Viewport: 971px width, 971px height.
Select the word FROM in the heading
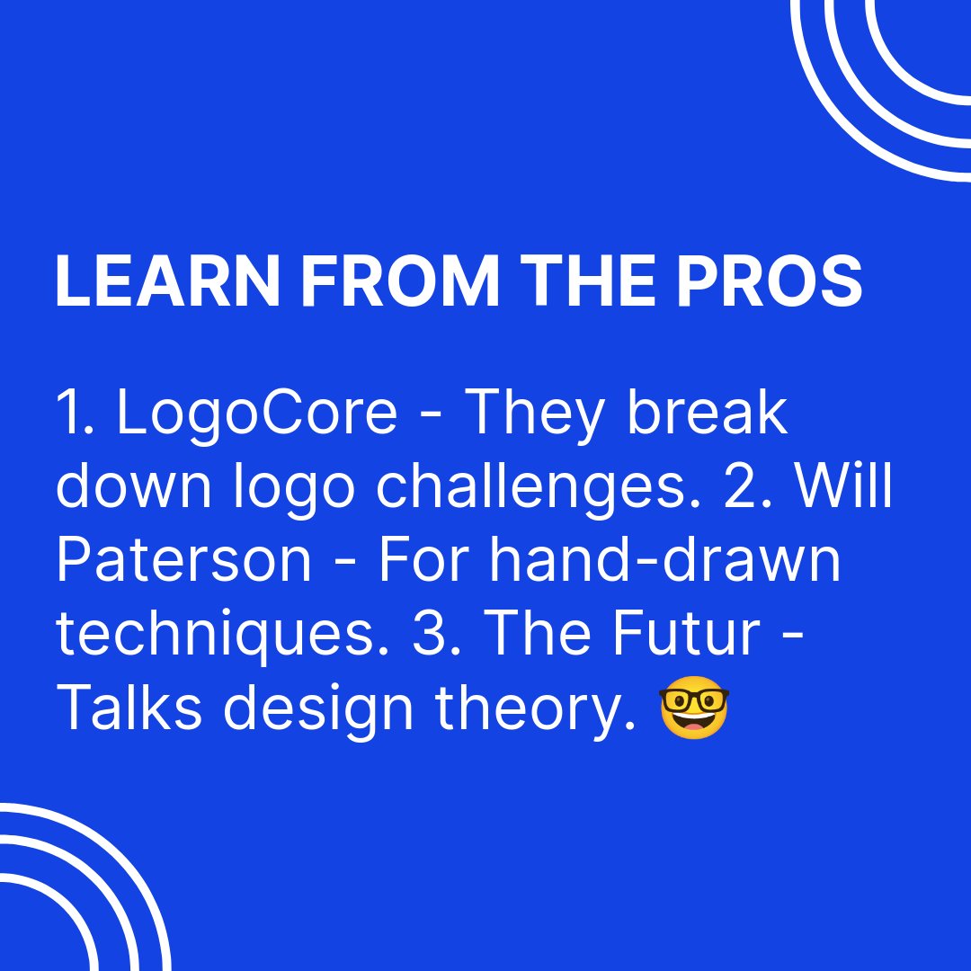400,282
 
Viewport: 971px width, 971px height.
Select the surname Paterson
183,560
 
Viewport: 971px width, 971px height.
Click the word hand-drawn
665,559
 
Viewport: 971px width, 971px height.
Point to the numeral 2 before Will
747,486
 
